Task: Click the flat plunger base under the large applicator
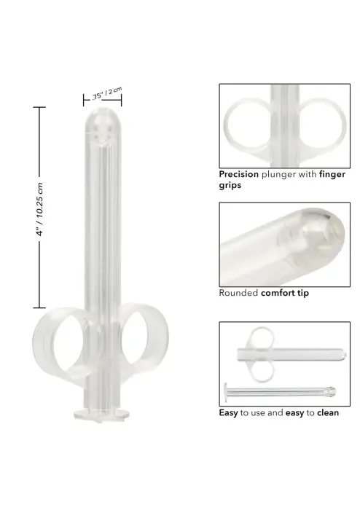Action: pyautogui.click(x=101, y=416)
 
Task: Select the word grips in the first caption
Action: pyautogui.click(x=230, y=186)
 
